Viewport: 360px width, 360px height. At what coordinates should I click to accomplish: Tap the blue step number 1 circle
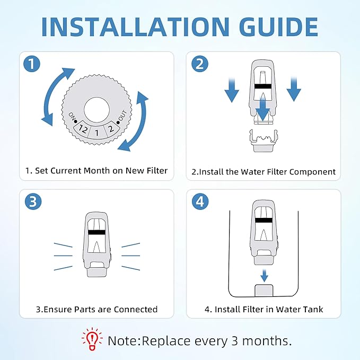(33, 65)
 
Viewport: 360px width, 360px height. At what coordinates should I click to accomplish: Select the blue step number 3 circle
(33, 202)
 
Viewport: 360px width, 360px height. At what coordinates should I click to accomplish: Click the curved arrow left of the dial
(53, 95)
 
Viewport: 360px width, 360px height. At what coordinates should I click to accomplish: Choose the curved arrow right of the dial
(139, 119)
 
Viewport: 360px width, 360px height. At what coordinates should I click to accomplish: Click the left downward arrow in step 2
(232, 89)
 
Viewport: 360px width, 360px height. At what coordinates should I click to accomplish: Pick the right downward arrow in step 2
(294, 89)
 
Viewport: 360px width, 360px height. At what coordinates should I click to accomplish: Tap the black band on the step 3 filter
(96, 232)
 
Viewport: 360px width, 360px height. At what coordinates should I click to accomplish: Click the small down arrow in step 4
(264, 275)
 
